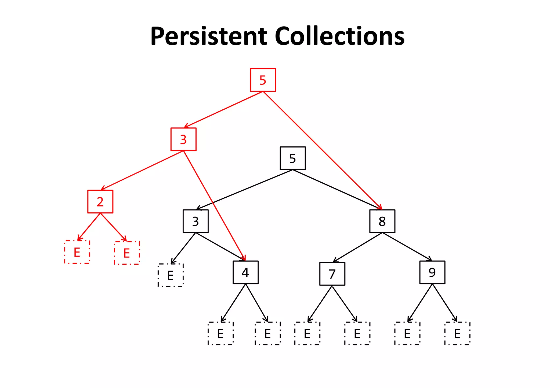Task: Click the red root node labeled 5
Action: pyautogui.click(x=263, y=80)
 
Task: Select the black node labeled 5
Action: pyautogui.click(x=292, y=158)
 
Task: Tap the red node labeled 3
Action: pyautogui.click(x=183, y=139)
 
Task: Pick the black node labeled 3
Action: pyautogui.click(x=196, y=221)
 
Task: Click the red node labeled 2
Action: pyautogui.click(x=100, y=202)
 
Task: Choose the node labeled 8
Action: pyautogui.click(x=382, y=221)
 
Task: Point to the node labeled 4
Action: pyautogui.click(x=245, y=272)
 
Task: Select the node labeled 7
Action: pyautogui.click(x=332, y=274)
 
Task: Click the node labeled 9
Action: pyautogui.click(x=432, y=272)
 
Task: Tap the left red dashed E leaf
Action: pyautogui.click(x=77, y=252)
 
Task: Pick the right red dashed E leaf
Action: pyautogui.click(x=127, y=253)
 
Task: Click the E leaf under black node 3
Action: pyautogui.click(x=171, y=275)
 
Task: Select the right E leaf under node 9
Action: pyautogui.click(x=457, y=334)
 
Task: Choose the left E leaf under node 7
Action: pyautogui.click(x=307, y=334)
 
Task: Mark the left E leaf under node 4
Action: pyautogui.click(x=220, y=334)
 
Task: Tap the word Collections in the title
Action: pyautogui.click(x=339, y=36)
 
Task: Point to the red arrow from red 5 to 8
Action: pyautogui.click(x=322, y=150)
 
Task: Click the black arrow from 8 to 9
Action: pyautogui.click(x=407, y=247)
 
